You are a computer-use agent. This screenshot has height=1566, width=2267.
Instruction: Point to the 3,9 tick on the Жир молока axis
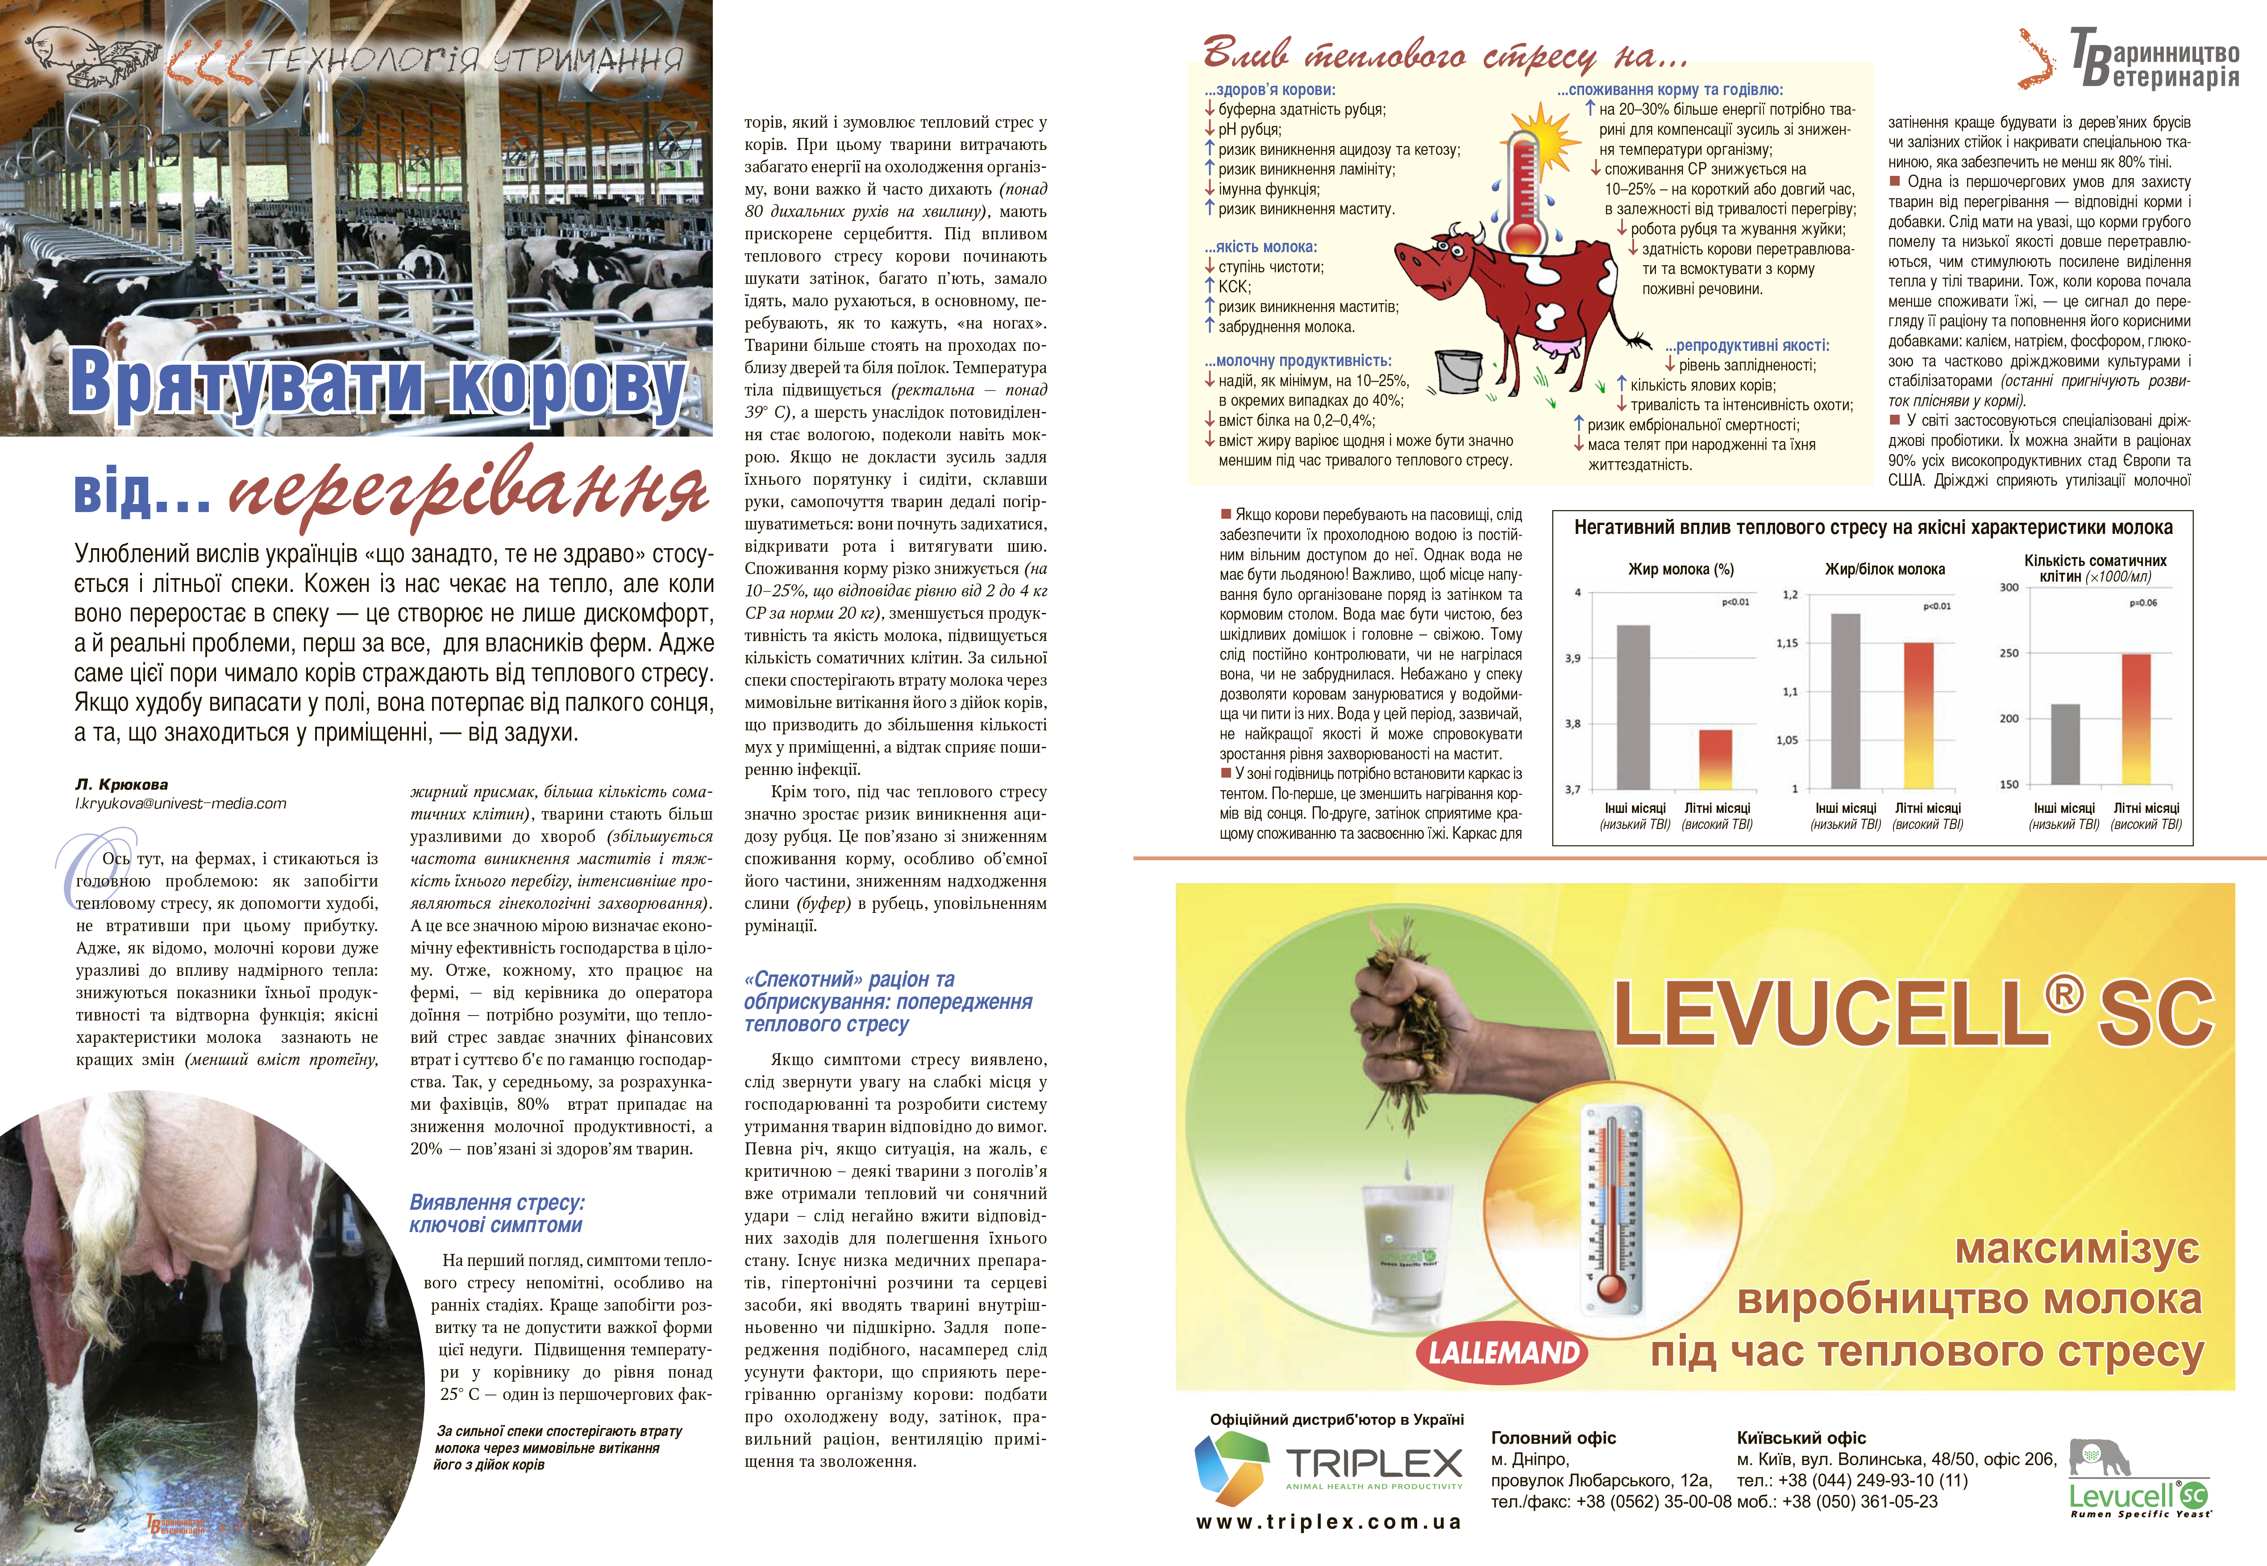coord(1572,658)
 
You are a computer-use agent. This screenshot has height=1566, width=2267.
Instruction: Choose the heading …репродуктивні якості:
coord(1746,346)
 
